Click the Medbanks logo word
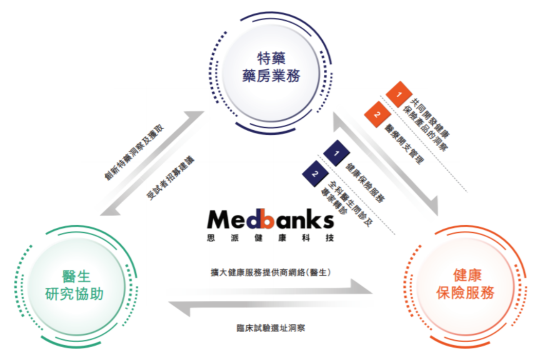tap(270, 220)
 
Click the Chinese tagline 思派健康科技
tap(270, 238)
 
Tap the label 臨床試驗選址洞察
tap(270, 328)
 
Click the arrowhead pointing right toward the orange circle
tap(364, 287)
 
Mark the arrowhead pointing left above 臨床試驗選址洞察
tap(177, 310)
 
